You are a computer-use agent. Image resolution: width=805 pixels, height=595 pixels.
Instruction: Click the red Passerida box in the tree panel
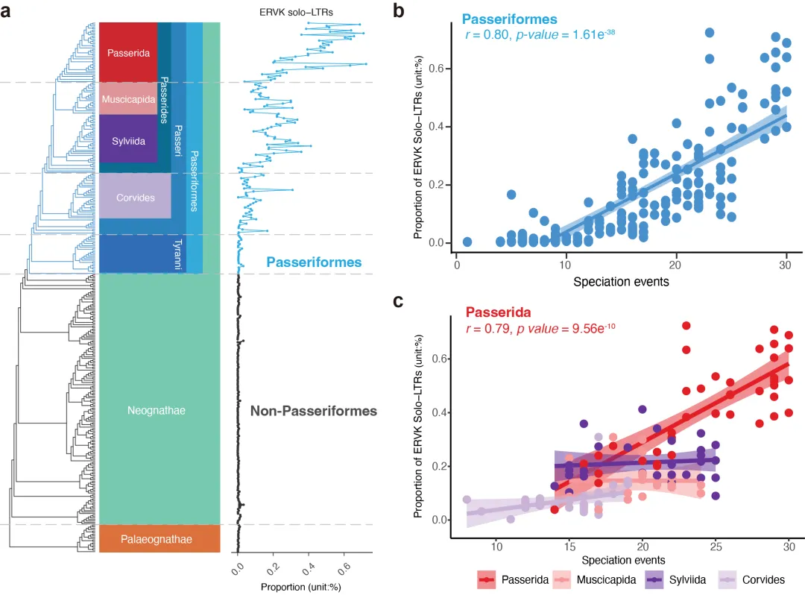128,53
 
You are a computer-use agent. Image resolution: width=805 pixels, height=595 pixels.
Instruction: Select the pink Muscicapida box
128,99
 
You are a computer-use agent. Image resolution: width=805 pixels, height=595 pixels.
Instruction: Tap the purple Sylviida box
128,139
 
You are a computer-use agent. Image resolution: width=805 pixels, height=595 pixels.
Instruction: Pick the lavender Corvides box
136,198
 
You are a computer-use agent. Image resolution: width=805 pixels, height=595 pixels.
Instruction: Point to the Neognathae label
156,409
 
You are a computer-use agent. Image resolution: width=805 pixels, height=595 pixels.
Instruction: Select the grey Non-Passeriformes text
313,411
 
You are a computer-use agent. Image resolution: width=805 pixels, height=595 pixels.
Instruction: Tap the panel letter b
399,11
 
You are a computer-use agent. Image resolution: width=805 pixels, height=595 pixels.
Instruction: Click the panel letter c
399,301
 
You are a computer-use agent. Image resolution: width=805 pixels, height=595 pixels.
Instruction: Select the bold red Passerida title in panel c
499,312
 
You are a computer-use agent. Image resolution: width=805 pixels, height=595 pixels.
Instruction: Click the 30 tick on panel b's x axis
786,265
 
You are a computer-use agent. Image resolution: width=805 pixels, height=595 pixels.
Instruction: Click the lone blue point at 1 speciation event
467,242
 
